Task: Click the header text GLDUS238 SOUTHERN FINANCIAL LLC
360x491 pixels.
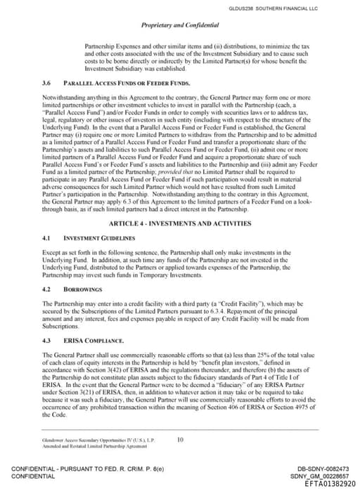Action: tap(303, 8)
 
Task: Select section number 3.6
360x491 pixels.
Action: tap(47, 82)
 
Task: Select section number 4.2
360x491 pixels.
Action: tap(47, 289)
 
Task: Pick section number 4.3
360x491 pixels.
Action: tap(47, 340)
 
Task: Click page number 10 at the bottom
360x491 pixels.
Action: tap(180, 440)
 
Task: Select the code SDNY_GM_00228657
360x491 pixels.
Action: tap(319, 476)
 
